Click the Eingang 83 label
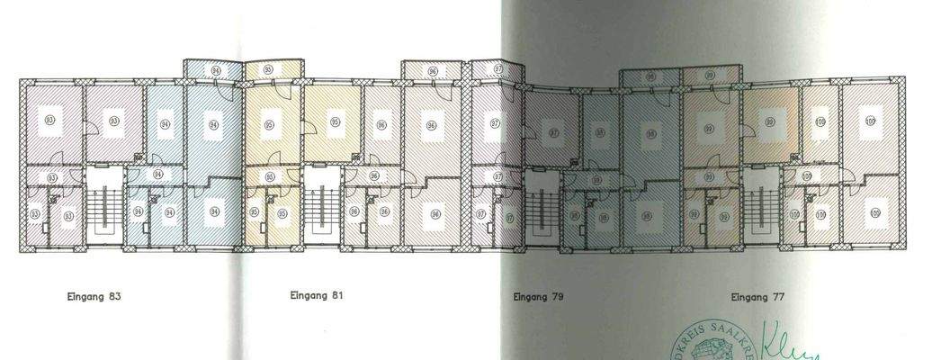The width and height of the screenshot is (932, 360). click(x=94, y=295)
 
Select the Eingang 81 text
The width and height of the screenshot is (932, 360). click(x=316, y=294)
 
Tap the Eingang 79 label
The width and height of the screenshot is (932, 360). click(x=538, y=295)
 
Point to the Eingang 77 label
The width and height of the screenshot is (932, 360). click(x=757, y=295)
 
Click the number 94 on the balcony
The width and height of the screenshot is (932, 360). click(x=215, y=69)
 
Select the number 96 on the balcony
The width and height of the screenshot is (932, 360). click(x=433, y=70)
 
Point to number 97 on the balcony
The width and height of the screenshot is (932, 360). click(x=498, y=69)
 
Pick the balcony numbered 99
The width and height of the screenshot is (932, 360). click(x=711, y=76)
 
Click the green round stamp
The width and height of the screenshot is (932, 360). click(x=706, y=347)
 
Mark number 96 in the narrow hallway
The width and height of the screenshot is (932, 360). click(x=373, y=176)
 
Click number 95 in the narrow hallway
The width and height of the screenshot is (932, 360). click(x=270, y=177)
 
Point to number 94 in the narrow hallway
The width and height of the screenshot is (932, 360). click(x=157, y=174)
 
